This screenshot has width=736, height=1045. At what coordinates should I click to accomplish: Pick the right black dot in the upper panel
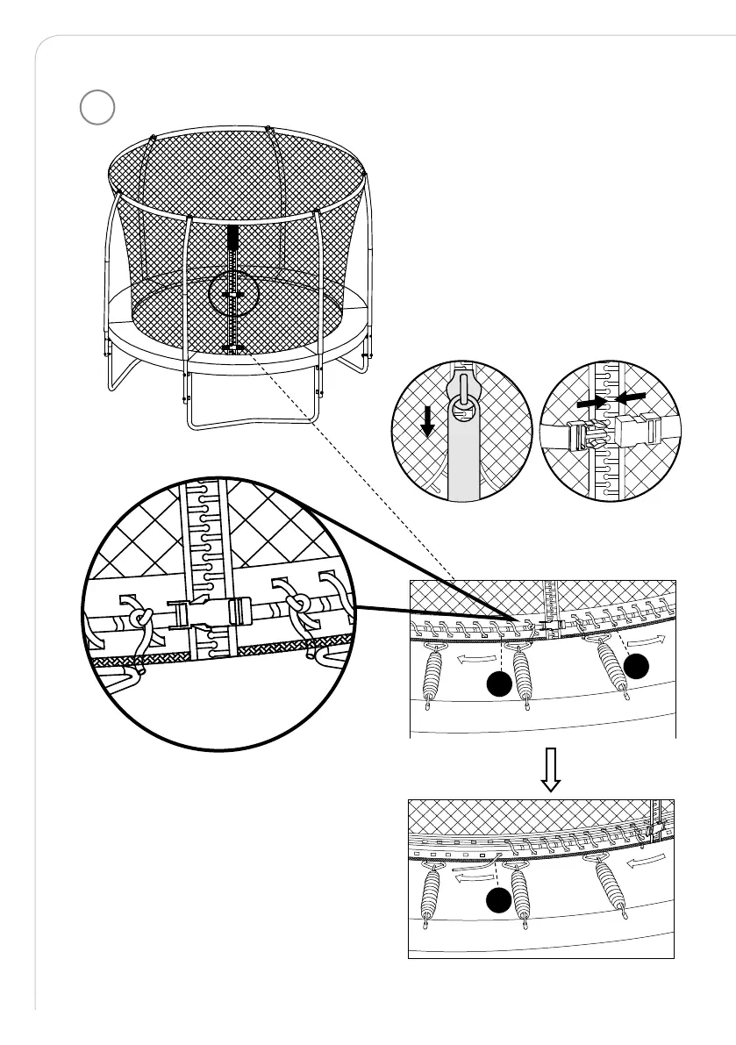638,667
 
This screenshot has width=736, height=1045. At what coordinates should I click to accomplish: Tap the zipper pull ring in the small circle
462,409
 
